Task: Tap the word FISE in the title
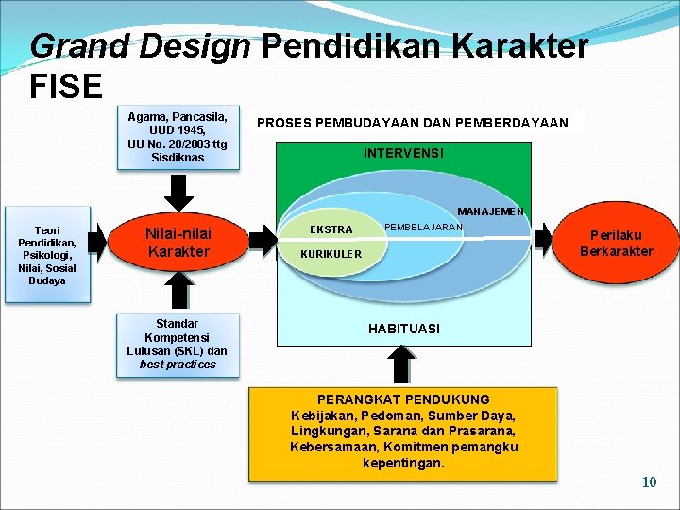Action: pyautogui.click(x=66, y=87)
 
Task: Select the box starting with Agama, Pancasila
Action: pyautogui.click(x=178, y=137)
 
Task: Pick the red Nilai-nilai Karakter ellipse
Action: pyautogui.click(x=178, y=243)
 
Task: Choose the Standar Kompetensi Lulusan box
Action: pyautogui.click(x=178, y=344)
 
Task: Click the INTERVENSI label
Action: pyautogui.click(x=403, y=153)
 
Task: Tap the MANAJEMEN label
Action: pyautogui.click(x=490, y=212)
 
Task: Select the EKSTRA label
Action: pyautogui.click(x=331, y=229)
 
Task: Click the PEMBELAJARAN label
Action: pyautogui.click(x=424, y=227)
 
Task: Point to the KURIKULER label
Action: pyautogui.click(x=331, y=254)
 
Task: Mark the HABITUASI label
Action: pyautogui.click(x=403, y=329)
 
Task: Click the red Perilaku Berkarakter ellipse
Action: pyautogui.click(x=616, y=243)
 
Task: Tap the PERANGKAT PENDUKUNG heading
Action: pyautogui.click(x=403, y=399)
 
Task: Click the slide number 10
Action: pyautogui.click(x=649, y=483)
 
